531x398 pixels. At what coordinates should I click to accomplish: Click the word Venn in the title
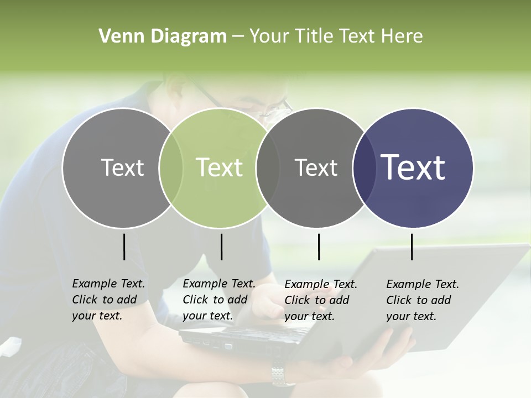115,36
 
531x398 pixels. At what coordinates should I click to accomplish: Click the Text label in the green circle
220,167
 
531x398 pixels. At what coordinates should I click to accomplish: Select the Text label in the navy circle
413,167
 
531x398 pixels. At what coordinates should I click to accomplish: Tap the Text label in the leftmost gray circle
123,167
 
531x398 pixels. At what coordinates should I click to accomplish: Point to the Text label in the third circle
316,167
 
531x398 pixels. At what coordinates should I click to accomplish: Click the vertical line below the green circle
221,247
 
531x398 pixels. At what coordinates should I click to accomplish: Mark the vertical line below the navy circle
412,247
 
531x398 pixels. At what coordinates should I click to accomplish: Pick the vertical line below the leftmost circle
124,247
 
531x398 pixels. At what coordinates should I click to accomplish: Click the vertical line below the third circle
319,247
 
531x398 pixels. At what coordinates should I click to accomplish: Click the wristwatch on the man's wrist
283,374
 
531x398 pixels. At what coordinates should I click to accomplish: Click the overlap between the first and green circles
171,167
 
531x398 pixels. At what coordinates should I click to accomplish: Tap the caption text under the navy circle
423,300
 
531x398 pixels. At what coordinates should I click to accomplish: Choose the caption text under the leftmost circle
108,300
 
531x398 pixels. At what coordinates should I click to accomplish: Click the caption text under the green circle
219,300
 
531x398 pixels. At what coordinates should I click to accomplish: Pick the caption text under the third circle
321,300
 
